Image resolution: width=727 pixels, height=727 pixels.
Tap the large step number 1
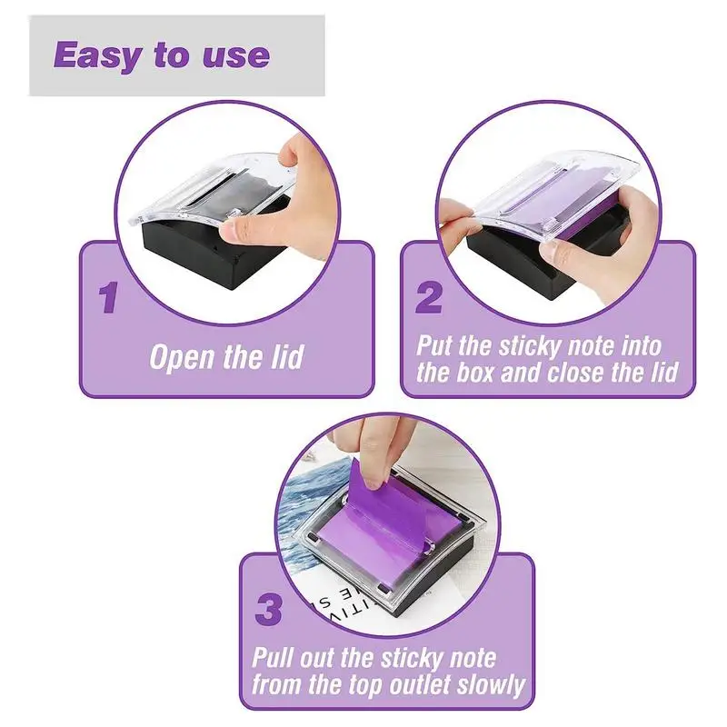tap(108, 298)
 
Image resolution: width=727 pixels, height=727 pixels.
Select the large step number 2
tap(428, 298)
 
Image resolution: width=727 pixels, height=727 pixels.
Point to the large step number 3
tap(269, 610)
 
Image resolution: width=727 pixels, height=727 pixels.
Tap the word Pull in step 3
tap(274, 656)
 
